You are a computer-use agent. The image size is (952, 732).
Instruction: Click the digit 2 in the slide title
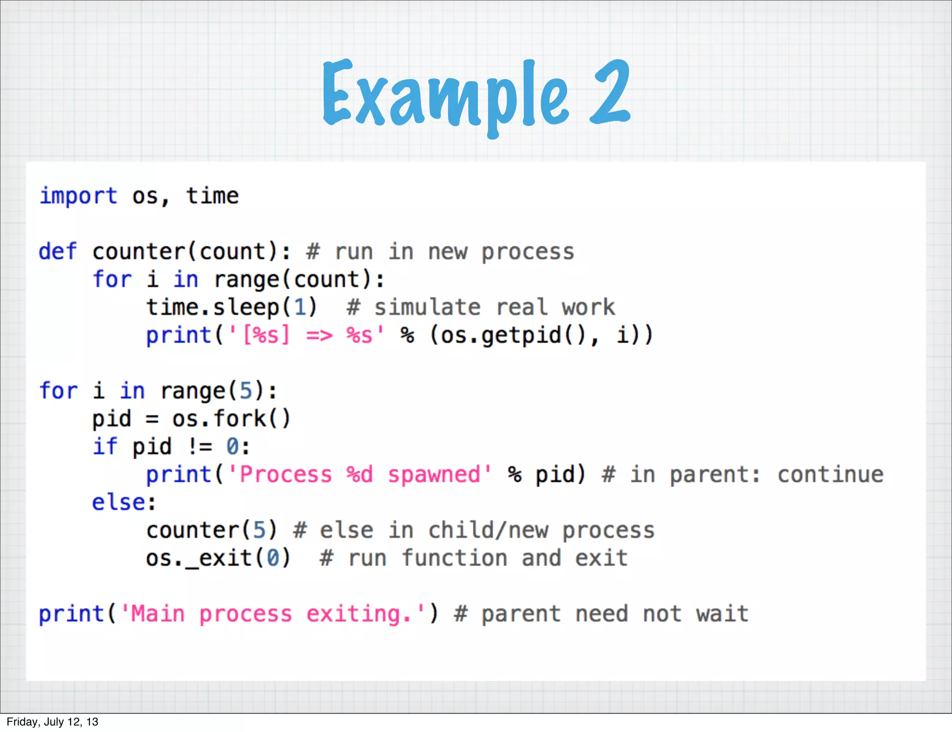[609, 93]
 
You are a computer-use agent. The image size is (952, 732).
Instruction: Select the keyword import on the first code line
[78, 196]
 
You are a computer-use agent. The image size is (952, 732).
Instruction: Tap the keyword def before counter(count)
[58, 252]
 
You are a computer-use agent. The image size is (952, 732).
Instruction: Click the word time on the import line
[212, 196]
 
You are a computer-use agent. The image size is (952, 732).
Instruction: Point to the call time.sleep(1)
[231, 307]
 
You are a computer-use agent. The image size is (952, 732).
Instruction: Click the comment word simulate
[427, 307]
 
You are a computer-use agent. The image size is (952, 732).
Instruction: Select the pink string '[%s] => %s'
[307, 335]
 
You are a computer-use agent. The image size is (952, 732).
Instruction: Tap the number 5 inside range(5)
[245, 391]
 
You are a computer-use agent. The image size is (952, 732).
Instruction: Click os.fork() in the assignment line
[231, 419]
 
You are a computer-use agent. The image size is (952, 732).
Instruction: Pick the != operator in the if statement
[200, 447]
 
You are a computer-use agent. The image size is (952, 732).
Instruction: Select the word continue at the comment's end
[830, 475]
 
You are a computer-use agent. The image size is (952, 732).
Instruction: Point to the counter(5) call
[212, 530]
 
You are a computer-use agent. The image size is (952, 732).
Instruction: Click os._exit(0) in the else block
[218, 558]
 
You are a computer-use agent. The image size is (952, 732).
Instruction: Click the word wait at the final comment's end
[722, 614]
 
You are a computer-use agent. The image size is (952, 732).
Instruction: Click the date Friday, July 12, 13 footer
[53, 722]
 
